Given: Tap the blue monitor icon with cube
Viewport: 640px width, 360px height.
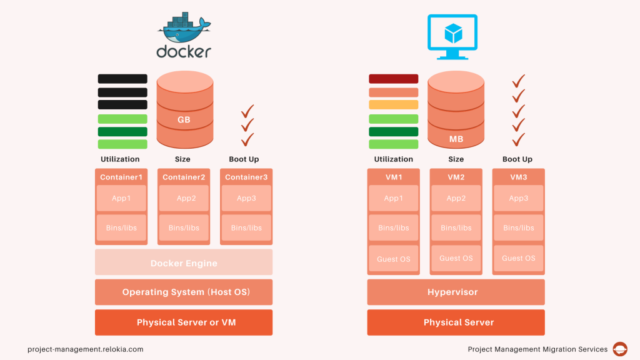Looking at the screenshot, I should (x=452, y=34).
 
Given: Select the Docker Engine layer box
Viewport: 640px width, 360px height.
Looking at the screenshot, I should (x=184, y=262).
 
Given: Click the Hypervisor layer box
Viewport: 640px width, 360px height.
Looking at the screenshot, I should (x=456, y=292).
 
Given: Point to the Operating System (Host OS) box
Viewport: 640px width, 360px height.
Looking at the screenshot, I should (x=184, y=292).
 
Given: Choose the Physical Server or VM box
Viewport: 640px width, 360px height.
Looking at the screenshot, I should (x=184, y=322).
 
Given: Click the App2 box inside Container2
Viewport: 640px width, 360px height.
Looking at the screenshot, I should (x=184, y=198).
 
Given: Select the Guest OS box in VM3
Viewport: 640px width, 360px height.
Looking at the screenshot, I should (x=518, y=258).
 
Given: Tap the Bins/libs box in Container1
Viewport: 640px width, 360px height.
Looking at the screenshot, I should (x=121, y=227).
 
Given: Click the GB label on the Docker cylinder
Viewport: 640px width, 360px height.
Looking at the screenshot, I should (x=184, y=119).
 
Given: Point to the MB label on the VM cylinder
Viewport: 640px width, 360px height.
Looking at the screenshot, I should (x=456, y=139).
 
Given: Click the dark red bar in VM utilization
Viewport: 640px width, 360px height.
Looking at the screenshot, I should (x=393, y=79).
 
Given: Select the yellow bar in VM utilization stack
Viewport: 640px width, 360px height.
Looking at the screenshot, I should (x=393, y=105).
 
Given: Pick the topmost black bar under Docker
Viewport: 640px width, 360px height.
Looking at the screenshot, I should (x=122, y=79).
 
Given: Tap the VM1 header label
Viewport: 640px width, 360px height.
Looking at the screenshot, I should (x=393, y=177).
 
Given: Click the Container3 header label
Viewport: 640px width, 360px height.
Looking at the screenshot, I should (x=246, y=177).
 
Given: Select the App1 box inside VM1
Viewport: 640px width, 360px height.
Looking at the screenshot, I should (x=393, y=198).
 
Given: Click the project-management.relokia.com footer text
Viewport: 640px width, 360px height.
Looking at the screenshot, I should (x=86, y=349).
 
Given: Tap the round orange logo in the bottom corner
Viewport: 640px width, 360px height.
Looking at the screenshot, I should (x=620, y=349).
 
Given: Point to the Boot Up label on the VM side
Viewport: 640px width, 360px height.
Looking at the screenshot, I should (x=518, y=159).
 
